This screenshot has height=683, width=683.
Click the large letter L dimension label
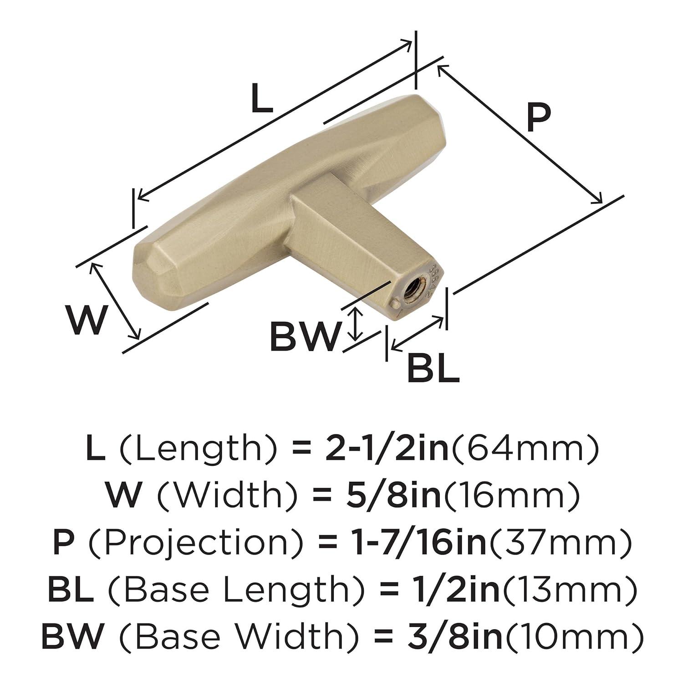[x=262, y=100]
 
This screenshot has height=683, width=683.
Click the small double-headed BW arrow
[x=356, y=324]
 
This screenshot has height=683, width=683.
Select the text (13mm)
[x=568, y=590]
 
